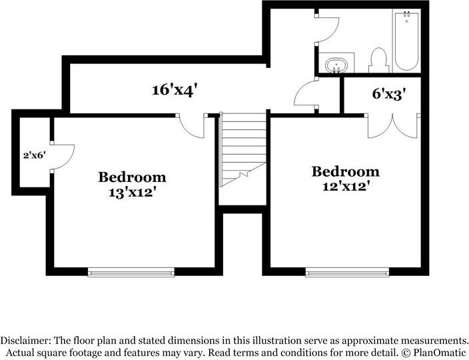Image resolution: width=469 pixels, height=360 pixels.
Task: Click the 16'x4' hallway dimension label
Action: point(175,90)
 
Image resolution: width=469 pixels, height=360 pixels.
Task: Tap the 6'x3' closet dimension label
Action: point(388,94)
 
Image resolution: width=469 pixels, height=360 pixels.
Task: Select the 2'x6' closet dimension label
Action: point(35,155)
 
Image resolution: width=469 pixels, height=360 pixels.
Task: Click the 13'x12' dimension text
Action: point(133,193)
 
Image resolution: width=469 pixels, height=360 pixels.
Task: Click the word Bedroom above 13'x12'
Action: point(132,177)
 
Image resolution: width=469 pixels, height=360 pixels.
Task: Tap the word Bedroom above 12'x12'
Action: point(346,172)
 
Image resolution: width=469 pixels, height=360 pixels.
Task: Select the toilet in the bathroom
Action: point(378,60)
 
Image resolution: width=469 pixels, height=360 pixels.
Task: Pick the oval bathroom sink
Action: point(336,65)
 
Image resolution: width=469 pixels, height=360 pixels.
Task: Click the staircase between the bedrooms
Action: point(242,149)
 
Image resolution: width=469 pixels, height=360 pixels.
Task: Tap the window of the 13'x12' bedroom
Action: point(131,273)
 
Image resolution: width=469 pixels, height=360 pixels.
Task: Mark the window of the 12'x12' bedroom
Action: point(347,273)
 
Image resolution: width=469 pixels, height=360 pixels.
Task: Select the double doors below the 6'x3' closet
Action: point(392,126)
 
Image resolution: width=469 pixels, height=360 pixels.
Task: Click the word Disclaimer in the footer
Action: point(26,341)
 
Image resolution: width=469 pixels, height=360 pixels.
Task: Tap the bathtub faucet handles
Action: point(407,14)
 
